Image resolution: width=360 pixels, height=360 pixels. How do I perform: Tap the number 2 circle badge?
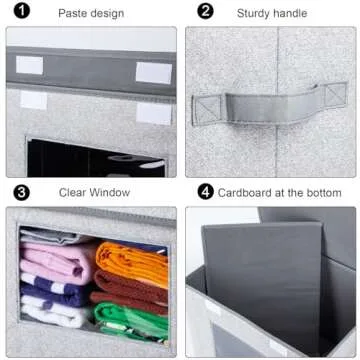pos(205,13)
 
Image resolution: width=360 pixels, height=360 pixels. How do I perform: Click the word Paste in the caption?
pos(74,13)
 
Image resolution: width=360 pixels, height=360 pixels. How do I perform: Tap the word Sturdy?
pos(254,13)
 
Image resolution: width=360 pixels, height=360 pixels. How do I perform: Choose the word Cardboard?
pos(251,192)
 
